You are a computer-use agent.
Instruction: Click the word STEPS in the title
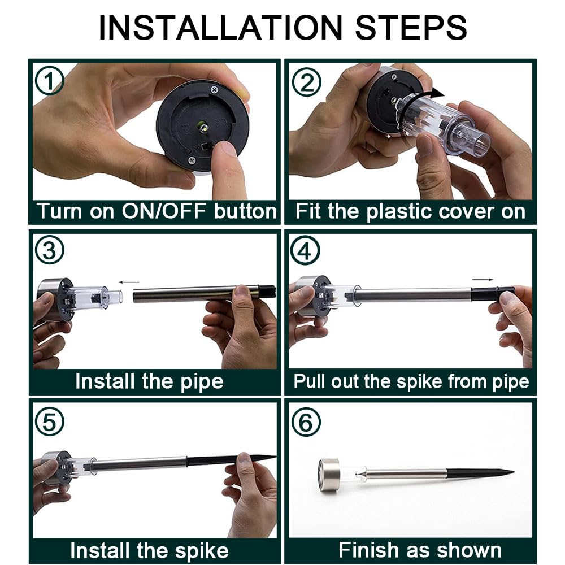tap(411, 28)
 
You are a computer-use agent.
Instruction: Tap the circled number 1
tap(50, 81)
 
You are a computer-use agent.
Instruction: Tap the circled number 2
tap(307, 82)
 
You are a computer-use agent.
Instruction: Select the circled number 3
tap(50, 250)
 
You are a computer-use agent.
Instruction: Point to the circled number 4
tap(305, 250)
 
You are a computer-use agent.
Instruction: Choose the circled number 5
tap(50, 421)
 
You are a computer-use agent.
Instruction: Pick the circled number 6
tap(306, 422)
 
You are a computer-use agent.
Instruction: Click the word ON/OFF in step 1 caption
tap(164, 211)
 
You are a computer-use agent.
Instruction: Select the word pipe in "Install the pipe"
tap(202, 382)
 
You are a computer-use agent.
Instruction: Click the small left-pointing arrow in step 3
tap(129, 282)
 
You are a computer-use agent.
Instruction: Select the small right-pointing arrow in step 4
tap(483, 279)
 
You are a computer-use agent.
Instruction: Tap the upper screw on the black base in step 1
tap(214, 89)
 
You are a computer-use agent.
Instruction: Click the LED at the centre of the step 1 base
tap(203, 127)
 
